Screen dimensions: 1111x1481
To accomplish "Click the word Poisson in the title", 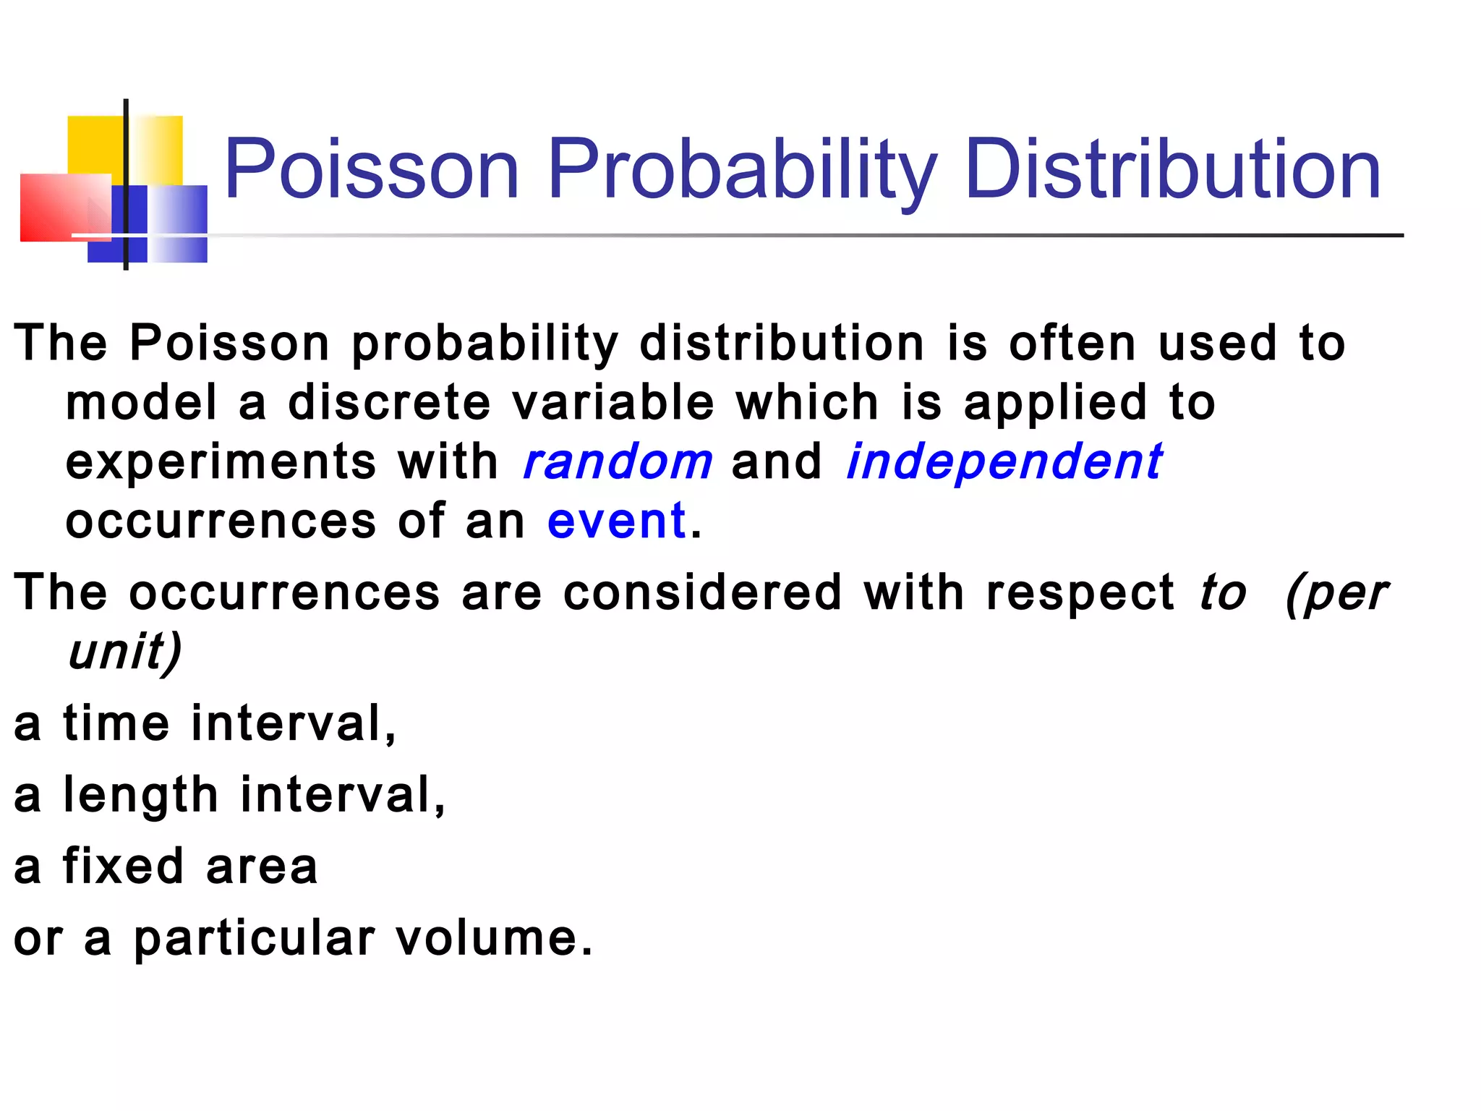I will tap(372, 170).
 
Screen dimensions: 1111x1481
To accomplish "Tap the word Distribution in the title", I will tap(1172, 170).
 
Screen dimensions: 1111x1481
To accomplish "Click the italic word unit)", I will tap(124, 652).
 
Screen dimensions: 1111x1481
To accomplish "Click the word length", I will tap(140, 796).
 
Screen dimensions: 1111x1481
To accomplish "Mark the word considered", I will tap(702, 592).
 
